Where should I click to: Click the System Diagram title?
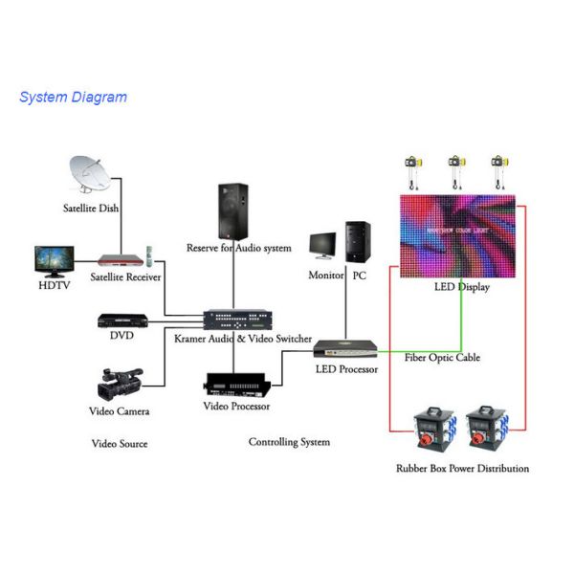tap(73, 97)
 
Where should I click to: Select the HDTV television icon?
tap(54, 260)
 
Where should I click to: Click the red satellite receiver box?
tap(124, 259)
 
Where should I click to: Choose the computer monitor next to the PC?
tap(323, 246)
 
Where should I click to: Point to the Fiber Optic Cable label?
tap(443, 358)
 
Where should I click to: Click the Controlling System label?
tap(289, 442)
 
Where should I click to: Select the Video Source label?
tap(120, 444)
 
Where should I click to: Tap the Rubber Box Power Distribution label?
tap(462, 469)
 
